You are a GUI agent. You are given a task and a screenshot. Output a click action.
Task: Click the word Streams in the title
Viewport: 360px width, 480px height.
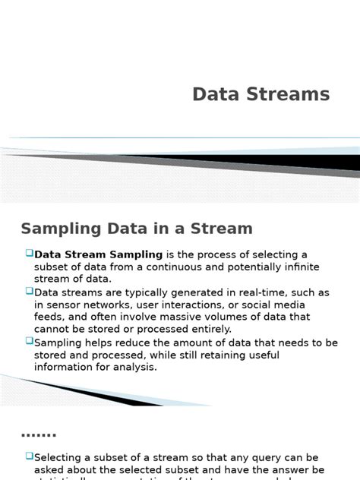click(286, 94)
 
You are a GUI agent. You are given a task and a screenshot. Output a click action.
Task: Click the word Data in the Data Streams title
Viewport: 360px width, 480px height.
click(214, 94)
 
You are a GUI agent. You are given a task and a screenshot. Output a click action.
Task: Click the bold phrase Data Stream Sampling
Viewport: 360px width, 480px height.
click(99, 254)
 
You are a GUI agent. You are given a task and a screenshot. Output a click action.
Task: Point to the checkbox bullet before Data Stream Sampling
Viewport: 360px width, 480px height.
click(29, 254)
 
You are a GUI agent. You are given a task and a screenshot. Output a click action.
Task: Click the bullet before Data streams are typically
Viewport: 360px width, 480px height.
click(29, 292)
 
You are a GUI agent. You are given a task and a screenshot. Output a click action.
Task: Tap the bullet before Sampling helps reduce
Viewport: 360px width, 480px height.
click(29, 343)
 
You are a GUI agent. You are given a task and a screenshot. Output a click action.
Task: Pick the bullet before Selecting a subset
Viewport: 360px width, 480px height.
click(29, 456)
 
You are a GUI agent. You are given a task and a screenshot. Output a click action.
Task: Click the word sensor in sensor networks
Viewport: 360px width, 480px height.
click(63, 305)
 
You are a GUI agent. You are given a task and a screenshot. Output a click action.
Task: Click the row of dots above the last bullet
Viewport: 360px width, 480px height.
click(38, 436)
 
